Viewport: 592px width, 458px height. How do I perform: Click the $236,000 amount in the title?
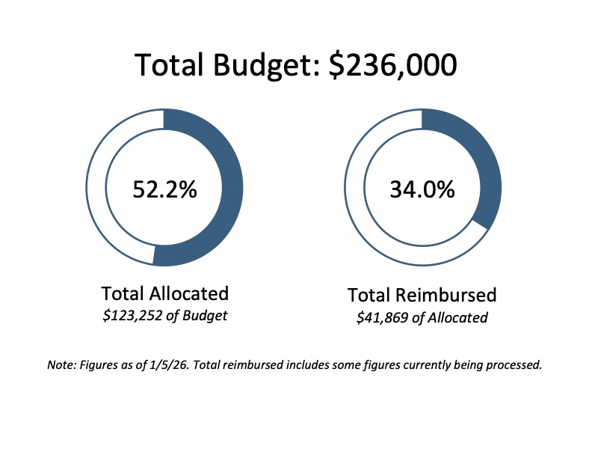(x=393, y=65)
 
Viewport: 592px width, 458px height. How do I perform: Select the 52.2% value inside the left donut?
(x=164, y=189)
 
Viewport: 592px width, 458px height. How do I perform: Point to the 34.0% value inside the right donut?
(x=422, y=189)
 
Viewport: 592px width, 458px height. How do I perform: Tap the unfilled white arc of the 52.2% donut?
(x=99, y=187)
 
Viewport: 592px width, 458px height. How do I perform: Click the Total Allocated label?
(x=164, y=293)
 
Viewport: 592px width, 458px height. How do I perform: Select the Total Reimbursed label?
(x=422, y=294)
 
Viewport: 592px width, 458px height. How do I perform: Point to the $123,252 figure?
(x=132, y=315)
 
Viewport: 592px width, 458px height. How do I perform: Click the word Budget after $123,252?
(x=206, y=315)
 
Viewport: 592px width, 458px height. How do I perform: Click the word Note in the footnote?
(x=60, y=366)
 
